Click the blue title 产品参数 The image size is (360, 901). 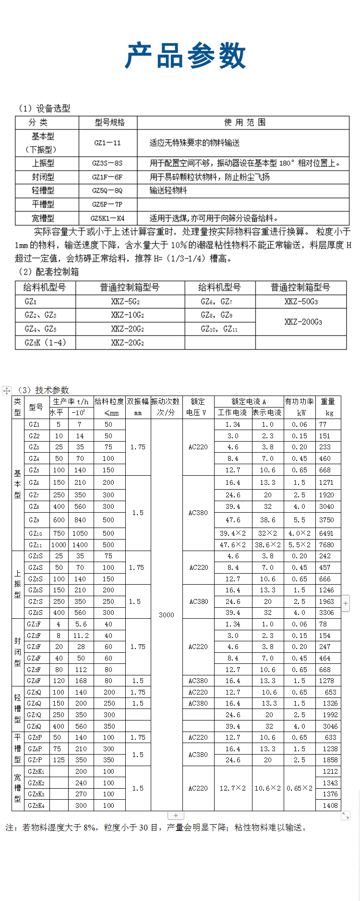185,56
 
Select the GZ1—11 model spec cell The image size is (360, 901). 108,143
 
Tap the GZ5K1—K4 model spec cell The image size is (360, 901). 108,218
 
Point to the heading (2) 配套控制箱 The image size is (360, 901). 48,272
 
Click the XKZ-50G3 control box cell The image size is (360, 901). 301,301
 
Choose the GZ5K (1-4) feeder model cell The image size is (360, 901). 45,342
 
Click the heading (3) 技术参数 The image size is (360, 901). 43,390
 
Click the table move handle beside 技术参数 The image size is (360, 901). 7,391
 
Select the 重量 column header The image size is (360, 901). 328,401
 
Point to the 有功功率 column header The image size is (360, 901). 300,401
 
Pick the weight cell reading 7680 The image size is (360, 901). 326,545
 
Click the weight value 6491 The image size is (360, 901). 326,533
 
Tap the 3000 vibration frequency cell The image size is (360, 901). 167,614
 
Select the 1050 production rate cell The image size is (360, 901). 80,533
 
